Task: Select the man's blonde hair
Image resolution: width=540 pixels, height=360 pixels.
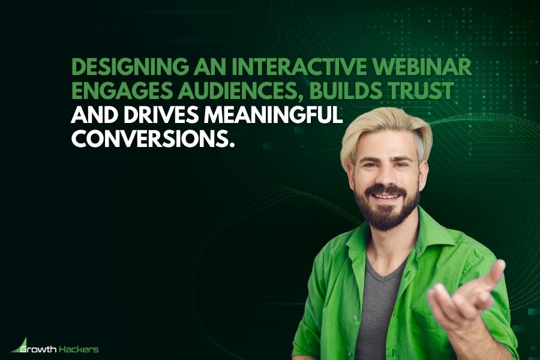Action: point(384,129)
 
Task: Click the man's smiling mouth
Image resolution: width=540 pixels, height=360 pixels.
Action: point(386,196)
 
